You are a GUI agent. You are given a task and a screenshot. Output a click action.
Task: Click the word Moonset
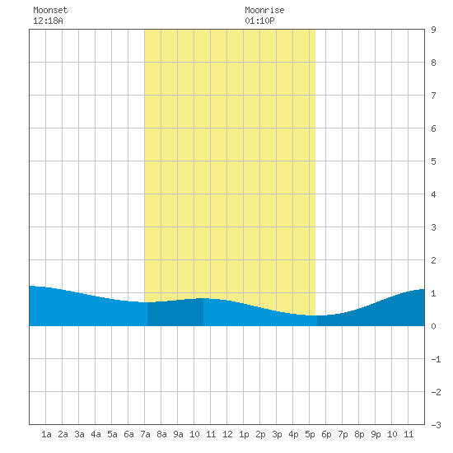50,10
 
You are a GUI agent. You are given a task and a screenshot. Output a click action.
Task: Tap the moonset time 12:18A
48,21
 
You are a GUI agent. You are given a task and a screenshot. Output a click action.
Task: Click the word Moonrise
264,10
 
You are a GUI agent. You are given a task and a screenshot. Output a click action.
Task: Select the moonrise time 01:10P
259,21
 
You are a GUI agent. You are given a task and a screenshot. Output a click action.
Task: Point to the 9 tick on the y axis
433,30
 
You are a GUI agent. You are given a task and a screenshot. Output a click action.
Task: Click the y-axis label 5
433,161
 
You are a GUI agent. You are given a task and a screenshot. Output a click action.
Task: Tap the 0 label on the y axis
433,326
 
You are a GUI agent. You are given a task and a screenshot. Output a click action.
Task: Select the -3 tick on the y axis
436,425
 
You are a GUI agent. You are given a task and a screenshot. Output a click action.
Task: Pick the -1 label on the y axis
436,359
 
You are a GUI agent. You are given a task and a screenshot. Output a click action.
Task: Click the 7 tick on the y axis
433,96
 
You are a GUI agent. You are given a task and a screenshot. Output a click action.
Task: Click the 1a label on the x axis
46,434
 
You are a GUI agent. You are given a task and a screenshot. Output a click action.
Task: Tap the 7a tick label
145,434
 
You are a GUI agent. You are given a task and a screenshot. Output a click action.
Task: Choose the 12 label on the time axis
227,434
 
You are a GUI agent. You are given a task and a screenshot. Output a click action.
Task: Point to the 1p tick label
244,434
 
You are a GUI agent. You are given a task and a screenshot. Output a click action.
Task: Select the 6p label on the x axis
326,434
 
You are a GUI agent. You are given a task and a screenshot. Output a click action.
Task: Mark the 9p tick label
376,434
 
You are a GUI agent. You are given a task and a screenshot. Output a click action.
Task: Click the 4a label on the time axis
96,434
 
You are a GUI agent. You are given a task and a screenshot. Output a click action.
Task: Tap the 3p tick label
277,434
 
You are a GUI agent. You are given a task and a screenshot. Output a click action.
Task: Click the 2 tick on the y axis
433,260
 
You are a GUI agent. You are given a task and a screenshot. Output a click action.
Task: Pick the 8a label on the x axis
161,434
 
